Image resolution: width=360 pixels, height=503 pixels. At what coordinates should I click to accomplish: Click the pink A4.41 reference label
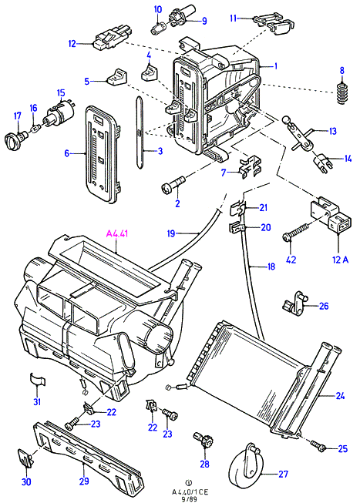coord(117,233)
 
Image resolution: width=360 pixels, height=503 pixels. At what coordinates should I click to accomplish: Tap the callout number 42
coord(291,260)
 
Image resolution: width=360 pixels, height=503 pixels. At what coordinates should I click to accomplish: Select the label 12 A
coord(340,260)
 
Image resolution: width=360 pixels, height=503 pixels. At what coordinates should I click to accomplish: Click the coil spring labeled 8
coord(343,93)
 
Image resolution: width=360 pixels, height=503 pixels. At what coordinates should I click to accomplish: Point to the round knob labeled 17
coord(13,139)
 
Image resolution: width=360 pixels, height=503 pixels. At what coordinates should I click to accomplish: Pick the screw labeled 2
coord(173,186)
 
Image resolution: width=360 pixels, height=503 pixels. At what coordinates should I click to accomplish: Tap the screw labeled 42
coord(295,231)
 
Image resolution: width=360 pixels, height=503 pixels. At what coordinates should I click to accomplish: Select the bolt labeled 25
coord(318,445)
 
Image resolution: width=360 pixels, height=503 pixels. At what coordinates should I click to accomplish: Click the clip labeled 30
coord(25,458)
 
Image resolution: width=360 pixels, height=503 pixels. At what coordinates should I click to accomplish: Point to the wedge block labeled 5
coord(116,77)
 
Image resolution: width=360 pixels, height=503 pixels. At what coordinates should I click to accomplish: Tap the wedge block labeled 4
coord(150,73)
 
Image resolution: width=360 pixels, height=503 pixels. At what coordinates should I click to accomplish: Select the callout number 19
coord(171,233)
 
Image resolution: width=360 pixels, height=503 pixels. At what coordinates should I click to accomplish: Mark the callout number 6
coord(66,153)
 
